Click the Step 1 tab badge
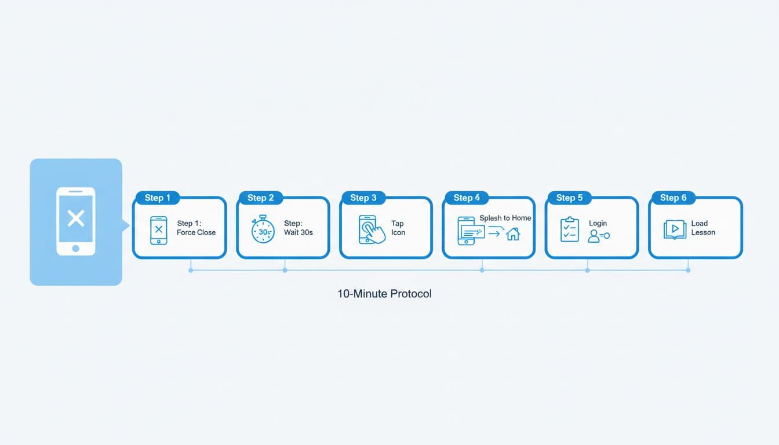(157, 198)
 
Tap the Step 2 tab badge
(260, 198)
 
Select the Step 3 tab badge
(363, 198)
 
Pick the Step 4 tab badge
(466, 198)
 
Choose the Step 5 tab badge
(569, 198)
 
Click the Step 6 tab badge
(673, 198)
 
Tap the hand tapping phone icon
(372, 230)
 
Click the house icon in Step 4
(513, 234)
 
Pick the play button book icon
(674, 229)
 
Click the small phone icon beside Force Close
(158, 230)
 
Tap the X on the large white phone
(76, 218)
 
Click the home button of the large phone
(75, 249)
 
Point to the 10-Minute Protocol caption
(384, 294)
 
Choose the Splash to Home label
(505, 218)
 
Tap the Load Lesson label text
(703, 228)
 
